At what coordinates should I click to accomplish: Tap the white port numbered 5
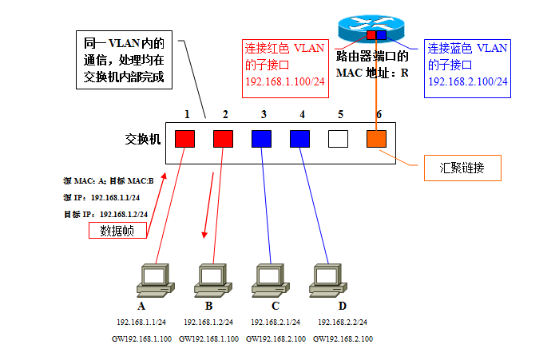339,139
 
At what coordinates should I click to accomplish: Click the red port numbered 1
185,139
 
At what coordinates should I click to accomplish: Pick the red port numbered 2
224,139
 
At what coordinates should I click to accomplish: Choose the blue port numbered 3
262,139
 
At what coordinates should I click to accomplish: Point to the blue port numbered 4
300,139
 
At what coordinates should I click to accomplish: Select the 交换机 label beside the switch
144,138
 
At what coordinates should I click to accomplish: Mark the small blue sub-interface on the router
381,35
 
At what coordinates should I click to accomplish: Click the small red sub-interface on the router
371,35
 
